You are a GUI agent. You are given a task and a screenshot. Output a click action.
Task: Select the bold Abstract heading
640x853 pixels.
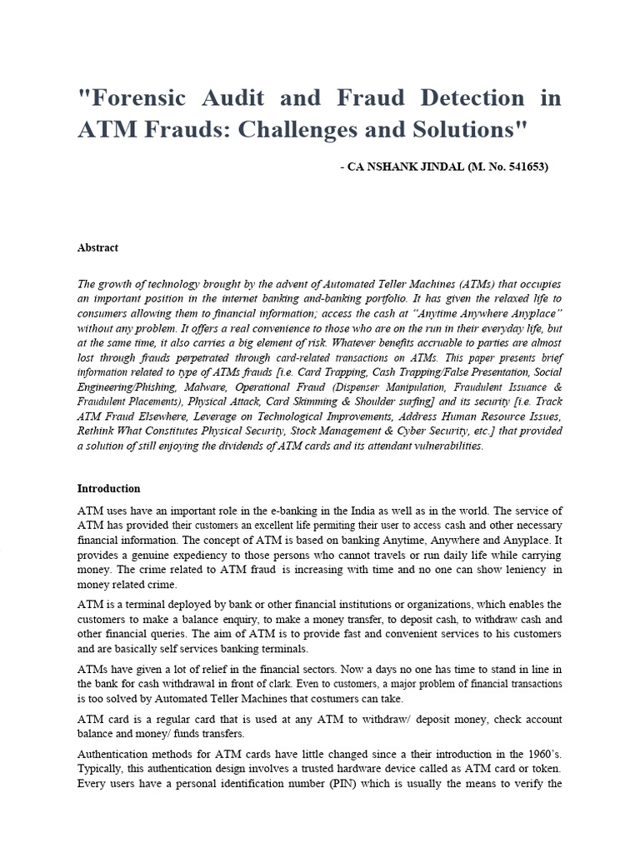[97, 247]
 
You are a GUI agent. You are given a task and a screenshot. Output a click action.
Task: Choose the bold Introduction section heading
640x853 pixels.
[108, 489]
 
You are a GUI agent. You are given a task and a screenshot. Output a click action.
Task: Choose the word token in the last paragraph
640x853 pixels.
[544, 769]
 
